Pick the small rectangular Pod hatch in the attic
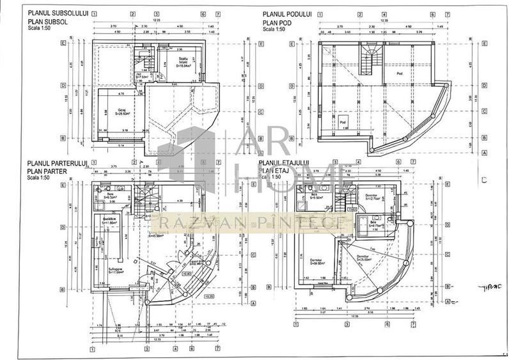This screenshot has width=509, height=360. coord(343,123)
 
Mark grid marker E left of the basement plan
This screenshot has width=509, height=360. coord(63,43)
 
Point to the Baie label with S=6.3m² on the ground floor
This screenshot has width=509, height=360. coord(110,195)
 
